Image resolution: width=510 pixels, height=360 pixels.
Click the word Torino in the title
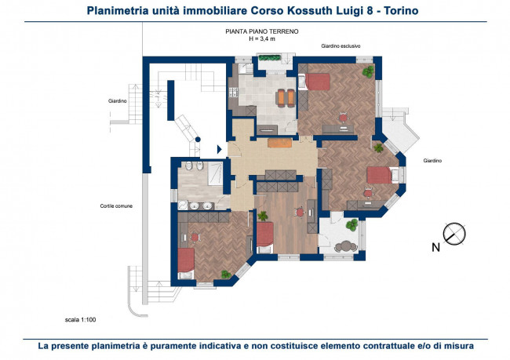tap(401, 11)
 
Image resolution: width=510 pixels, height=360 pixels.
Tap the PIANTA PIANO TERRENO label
tap(262, 31)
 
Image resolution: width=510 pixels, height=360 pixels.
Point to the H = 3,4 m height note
tap(262, 38)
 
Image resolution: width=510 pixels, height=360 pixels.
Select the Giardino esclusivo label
tap(341, 46)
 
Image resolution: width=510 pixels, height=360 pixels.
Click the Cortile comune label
tap(116, 205)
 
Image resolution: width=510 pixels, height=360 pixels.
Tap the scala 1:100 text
tap(80, 320)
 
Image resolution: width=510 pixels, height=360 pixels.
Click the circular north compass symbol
tap(454, 234)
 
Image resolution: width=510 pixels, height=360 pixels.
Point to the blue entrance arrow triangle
tap(219, 149)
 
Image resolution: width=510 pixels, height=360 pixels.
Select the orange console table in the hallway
tap(280, 143)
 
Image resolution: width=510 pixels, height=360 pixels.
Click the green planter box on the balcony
tap(269, 58)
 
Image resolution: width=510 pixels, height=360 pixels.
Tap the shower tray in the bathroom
tap(215, 173)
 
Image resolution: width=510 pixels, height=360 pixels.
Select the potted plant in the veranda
tap(352, 225)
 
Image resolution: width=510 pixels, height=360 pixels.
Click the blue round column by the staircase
tap(198, 140)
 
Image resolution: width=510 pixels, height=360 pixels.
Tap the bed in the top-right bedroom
tap(315, 82)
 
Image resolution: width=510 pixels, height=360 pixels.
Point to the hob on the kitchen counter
tap(234, 92)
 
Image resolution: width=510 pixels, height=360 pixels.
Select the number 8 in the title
tap(370, 11)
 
